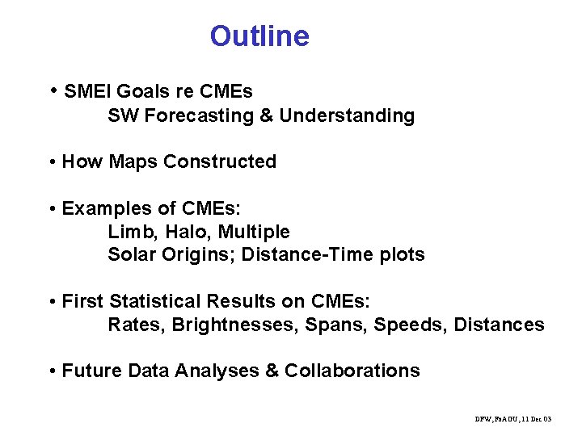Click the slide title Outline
(x=259, y=36)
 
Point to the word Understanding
(x=348, y=115)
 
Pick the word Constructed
(x=220, y=161)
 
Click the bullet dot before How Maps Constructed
(x=52, y=162)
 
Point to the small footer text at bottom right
(x=513, y=419)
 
